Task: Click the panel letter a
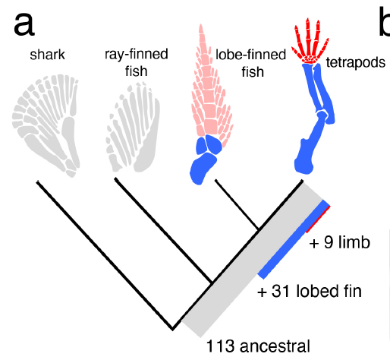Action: click(x=24, y=24)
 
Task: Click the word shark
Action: click(x=47, y=55)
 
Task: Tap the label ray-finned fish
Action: click(x=137, y=62)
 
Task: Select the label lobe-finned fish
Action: click(x=250, y=63)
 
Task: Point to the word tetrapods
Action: click(x=356, y=62)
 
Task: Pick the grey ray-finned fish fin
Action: click(x=133, y=127)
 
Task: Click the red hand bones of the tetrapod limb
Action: click(x=310, y=42)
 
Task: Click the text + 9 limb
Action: click(x=340, y=242)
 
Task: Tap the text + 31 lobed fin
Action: click(x=310, y=291)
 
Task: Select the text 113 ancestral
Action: click(x=258, y=346)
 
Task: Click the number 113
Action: click(x=220, y=346)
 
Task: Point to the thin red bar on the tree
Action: click(x=318, y=219)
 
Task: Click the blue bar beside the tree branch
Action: click(x=294, y=239)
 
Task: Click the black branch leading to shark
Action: click(x=104, y=255)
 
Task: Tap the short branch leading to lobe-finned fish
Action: click(x=237, y=204)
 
